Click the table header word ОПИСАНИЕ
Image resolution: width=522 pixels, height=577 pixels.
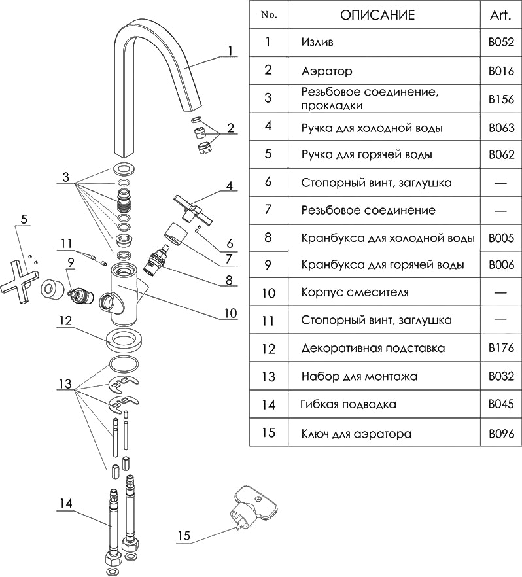(x=377, y=15)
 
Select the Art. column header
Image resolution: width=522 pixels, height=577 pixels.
(x=500, y=15)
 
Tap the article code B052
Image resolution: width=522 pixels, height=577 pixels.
(x=501, y=43)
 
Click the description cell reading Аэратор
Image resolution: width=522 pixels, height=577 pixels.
(x=326, y=71)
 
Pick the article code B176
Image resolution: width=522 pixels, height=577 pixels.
(x=501, y=348)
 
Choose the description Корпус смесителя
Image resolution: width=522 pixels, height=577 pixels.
(x=355, y=292)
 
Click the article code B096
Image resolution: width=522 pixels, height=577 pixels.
(x=501, y=433)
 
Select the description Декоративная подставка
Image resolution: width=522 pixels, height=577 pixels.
(x=373, y=348)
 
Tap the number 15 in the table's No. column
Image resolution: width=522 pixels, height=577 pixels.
(x=268, y=433)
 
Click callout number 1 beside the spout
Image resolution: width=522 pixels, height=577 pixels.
(x=230, y=50)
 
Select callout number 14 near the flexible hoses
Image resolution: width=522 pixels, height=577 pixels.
(x=65, y=503)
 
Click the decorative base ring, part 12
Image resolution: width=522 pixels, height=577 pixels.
(x=124, y=340)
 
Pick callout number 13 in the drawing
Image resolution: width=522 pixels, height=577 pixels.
(x=65, y=383)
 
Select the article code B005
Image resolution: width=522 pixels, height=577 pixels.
(x=501, y=238)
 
